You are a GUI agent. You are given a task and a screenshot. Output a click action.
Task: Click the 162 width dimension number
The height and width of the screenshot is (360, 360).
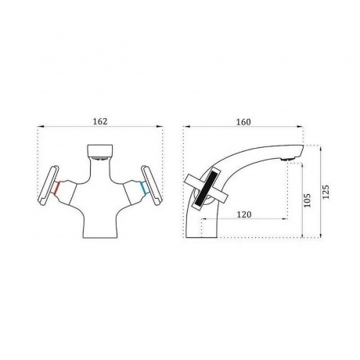tap(100, 121)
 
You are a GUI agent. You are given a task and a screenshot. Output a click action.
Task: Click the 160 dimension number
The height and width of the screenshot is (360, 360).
tap(243, 122)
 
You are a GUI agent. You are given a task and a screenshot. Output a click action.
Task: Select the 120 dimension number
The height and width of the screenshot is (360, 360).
tap(244, 214)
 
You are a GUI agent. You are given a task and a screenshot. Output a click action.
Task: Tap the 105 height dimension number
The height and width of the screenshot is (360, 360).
tap(308, 200)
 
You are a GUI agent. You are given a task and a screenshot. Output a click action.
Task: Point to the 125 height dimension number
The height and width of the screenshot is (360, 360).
tap(326, 192)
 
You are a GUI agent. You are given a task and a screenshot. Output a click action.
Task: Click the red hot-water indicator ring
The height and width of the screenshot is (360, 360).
tap(57, 188)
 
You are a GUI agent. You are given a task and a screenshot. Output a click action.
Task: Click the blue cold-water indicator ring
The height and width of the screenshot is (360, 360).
tap(143, 188)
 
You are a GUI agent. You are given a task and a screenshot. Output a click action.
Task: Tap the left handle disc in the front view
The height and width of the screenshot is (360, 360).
tap(49, 184)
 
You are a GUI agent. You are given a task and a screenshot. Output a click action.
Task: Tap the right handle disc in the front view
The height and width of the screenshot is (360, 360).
tap(152, 184)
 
